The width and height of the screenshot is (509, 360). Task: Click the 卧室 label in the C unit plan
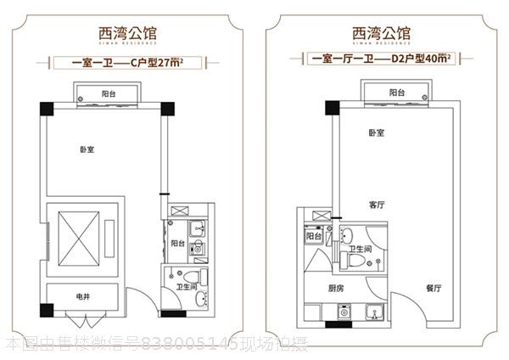[x=87, y=149]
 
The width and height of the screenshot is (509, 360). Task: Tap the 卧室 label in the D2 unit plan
[x=378, y=133]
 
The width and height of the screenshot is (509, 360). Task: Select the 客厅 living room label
[x=378, y=205]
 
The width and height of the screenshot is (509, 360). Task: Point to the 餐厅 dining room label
[x=433, y=289]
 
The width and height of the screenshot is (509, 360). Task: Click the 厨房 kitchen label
[x=336, y=289]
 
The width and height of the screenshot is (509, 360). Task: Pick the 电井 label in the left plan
[x=83, y=296]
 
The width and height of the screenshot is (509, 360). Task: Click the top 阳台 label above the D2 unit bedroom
[x=397, y=92]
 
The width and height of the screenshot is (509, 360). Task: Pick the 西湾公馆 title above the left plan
[x=127, y=34]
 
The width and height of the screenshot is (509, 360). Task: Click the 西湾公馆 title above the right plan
[x=382, y=34]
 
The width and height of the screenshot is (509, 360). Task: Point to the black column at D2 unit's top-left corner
[x=332, y=108]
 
